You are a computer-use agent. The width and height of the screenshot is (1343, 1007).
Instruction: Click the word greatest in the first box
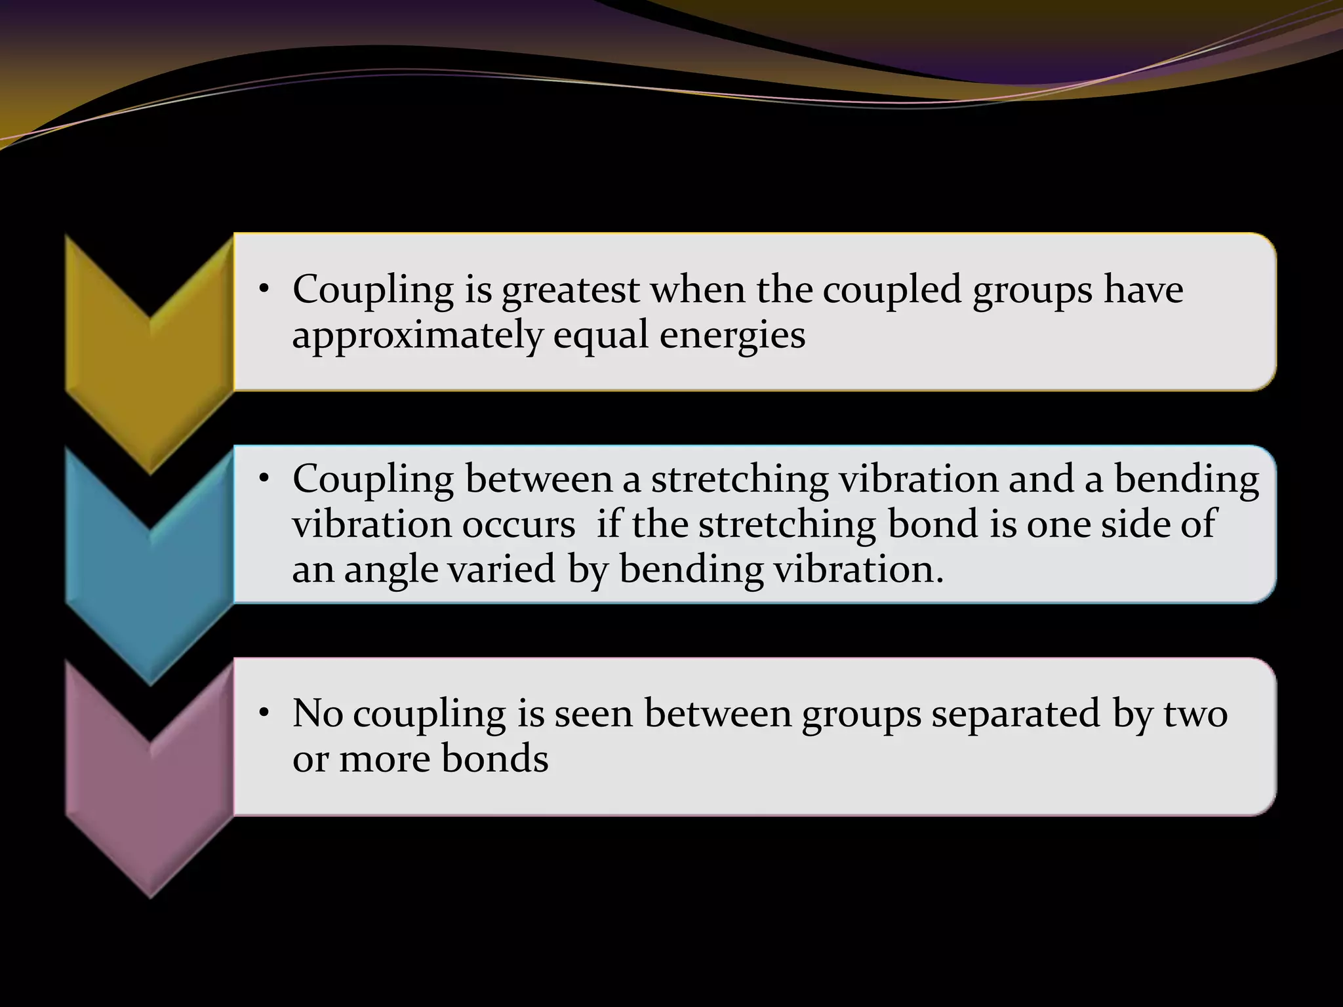point(570,290)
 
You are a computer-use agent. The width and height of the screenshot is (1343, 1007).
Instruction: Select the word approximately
point(417,336)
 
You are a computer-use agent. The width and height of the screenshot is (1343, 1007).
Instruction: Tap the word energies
point(732,336)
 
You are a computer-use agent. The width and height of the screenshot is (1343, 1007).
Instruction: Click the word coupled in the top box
point(892,290)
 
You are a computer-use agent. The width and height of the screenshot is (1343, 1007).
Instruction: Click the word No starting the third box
point(317,713)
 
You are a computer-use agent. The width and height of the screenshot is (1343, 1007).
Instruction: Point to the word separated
point(1015,713)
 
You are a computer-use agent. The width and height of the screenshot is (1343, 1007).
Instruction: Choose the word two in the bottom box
point(1195,715)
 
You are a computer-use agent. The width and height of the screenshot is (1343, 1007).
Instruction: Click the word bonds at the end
point(494,759)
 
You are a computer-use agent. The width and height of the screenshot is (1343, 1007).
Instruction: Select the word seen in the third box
point(593,715)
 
